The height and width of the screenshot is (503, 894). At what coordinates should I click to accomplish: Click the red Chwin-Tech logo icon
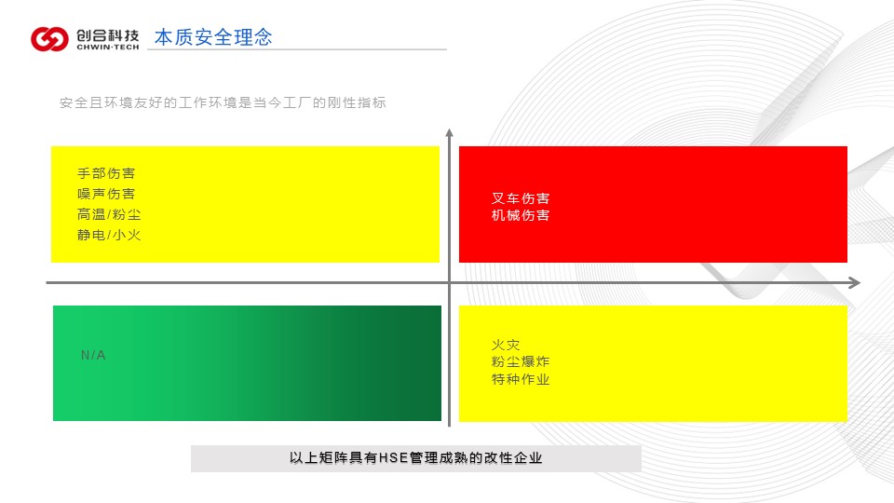pos(49,39)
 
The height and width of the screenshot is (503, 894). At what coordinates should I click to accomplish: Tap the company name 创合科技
pos(108,35)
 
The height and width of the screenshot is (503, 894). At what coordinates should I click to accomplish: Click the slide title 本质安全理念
pos(213,37)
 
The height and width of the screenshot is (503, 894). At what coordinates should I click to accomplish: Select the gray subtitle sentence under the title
pos(223,102)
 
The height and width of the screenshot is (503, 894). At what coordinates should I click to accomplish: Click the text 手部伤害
pos(106,173)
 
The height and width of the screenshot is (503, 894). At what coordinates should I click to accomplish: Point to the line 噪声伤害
pos(106,194)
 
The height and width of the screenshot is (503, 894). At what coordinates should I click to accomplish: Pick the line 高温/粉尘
pos(109,214)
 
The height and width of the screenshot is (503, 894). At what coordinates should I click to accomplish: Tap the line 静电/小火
pos(109,235)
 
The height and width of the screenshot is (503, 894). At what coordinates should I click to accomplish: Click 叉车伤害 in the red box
pos(521,198)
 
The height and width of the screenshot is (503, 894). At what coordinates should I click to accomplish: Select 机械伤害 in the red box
pos(521,215)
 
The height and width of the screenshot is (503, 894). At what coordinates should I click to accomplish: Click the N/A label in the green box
pos(93,355)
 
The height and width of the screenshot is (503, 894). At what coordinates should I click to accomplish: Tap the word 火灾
pos(506,345)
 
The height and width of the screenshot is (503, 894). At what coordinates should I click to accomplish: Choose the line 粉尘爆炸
pos(521,361)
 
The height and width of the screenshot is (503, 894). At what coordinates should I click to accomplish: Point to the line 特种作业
pos(521,379)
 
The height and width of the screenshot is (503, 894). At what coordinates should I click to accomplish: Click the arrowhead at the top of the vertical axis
pos(449,132)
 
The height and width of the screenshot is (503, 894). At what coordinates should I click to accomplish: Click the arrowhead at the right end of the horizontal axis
pos(855,282)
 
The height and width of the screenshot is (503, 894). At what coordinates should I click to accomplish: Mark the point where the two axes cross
pos(449,282)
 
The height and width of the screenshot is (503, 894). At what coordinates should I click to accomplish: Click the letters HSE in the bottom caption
pos(393,458)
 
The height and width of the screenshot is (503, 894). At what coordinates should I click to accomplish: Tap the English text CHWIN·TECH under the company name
pos(108,48)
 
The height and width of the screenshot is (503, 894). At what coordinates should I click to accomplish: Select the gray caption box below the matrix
pos(415,458)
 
